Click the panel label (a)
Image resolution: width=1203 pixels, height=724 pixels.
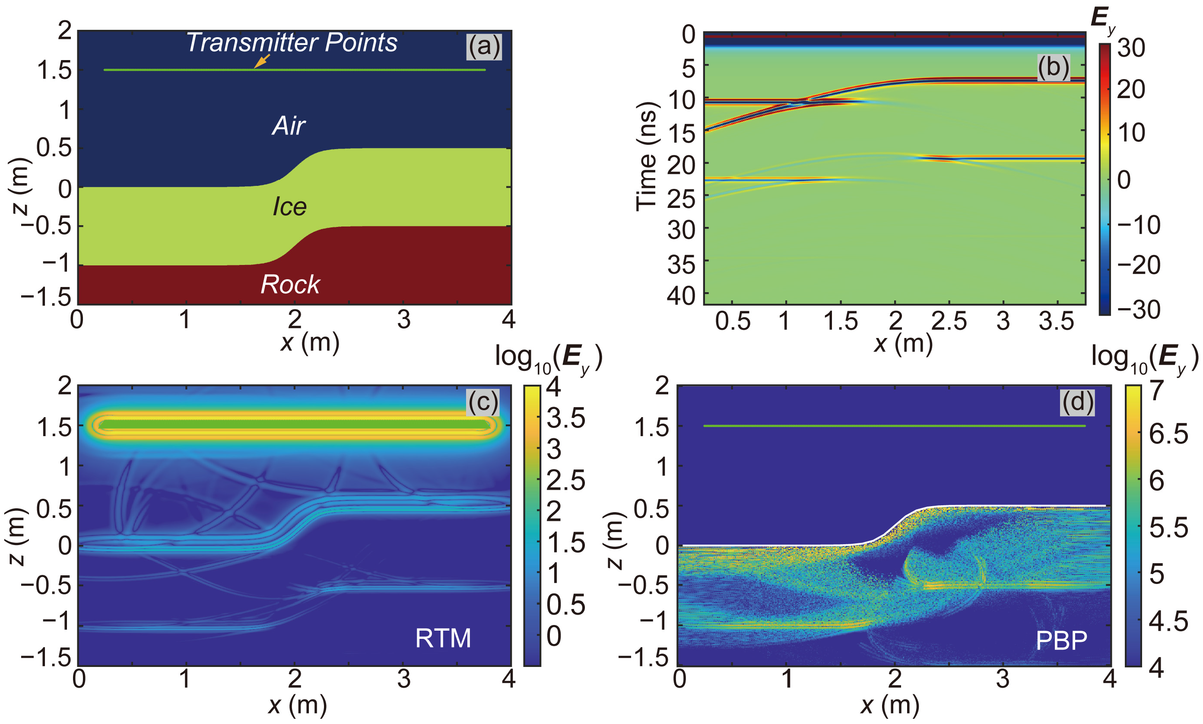coord(483,47)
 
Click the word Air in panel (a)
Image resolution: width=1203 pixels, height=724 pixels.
coord(289,126)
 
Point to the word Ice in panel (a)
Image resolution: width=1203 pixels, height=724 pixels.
coord(289,207)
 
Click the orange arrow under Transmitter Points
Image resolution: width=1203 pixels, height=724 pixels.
coord(261,61)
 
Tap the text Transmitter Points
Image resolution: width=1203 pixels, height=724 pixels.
coord(292,42)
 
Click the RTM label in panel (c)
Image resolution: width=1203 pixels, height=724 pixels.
coord(443,638)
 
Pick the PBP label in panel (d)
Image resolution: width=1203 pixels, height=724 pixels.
coord(1061,641)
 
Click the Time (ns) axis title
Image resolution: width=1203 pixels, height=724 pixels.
coord(646,156)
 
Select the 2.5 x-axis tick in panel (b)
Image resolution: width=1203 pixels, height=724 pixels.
coord(949,322)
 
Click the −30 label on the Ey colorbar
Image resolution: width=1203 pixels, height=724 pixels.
coord(1138,309)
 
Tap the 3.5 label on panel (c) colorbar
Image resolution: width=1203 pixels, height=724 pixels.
coord(565,418)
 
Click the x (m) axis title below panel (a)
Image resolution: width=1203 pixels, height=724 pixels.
coord(310,342)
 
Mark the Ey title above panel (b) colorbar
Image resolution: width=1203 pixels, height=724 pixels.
coord(1103,20)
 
